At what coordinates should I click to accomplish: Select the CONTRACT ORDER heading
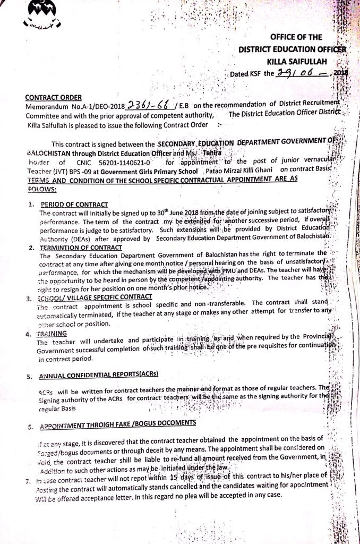coord(53,97)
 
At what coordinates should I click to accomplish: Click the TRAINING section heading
coord(52,334)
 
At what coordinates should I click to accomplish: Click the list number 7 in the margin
coord(28,480)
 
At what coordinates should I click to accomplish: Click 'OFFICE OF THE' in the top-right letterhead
coord(296,37)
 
